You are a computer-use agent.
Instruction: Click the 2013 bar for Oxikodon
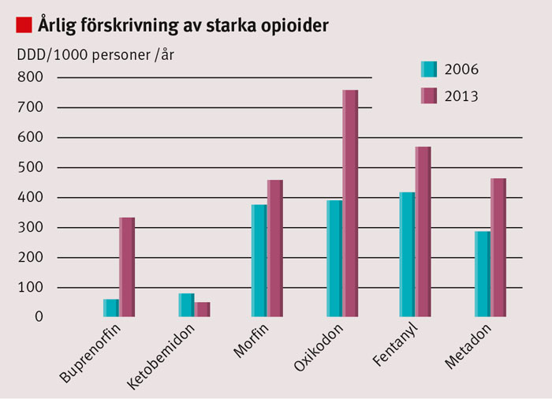pos(350,203)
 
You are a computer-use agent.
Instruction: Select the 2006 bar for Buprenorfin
pos(111,308)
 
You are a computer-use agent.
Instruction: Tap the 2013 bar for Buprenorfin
pos(127,267)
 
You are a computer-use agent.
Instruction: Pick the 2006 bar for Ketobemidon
pos(187,304)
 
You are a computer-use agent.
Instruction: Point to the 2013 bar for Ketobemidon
pos(203,309)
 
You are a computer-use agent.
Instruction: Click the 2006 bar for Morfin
pos(259,260)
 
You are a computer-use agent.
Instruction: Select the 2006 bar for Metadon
pos(483,274)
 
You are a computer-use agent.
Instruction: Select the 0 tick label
pos(39,317)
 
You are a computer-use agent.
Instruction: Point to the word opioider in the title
pos(289,25)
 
